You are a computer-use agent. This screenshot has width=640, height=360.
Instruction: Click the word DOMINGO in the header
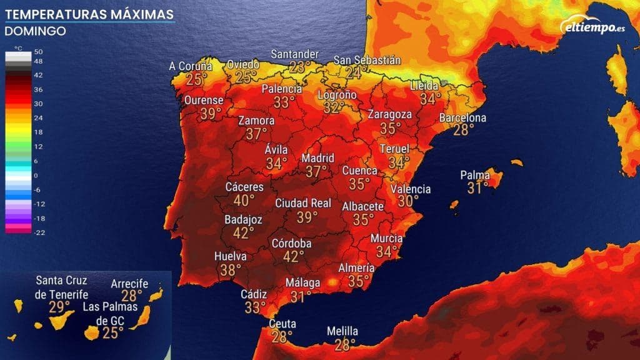(35, 31)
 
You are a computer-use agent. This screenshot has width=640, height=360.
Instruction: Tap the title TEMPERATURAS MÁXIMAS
(89, 13)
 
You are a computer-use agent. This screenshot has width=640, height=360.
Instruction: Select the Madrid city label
(318, 157)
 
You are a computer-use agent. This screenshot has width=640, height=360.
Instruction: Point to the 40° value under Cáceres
(244, 201)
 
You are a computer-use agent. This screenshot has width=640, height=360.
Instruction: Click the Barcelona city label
(462, 118)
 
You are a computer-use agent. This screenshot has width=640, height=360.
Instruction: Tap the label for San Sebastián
(367, 60)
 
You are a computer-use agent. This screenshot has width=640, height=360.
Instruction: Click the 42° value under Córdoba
(293, 256)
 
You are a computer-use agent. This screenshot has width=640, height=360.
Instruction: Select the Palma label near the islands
(475, 175)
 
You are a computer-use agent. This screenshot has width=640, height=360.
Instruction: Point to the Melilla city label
(342, 331)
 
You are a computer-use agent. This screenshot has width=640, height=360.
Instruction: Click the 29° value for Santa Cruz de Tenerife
(60, 307)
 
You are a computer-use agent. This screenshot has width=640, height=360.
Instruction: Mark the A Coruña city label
(191, 66)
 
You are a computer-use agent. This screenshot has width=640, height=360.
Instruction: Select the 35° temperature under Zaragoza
(391, 128)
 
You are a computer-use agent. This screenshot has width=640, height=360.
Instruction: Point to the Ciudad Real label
(303, 203)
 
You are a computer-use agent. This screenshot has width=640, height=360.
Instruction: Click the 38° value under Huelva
(231, 270)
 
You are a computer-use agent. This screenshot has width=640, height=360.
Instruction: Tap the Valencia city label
(410, 189)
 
